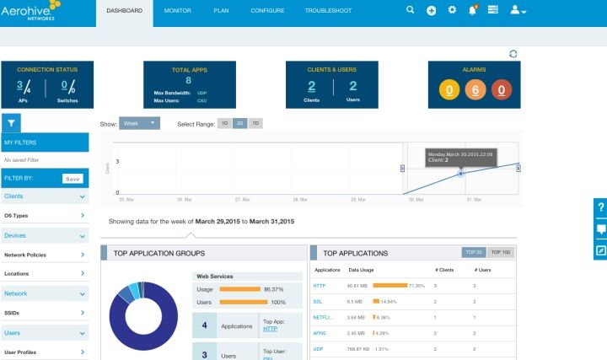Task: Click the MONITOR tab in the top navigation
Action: coord(177,10)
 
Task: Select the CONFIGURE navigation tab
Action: coord(267,10)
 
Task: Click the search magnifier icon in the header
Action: coord(411,10)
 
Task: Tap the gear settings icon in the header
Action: coord(452,10)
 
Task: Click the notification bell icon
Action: coord(473,10)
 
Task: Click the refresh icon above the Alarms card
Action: coord(513,54)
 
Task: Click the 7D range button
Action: coord(255,123)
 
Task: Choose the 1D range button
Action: coord(224,123)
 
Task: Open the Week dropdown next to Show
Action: coord(139,123)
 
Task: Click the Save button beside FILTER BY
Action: coord(73,178)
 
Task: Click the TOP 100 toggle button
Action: coord(501,252)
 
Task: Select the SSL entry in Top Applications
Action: coord(318,301)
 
